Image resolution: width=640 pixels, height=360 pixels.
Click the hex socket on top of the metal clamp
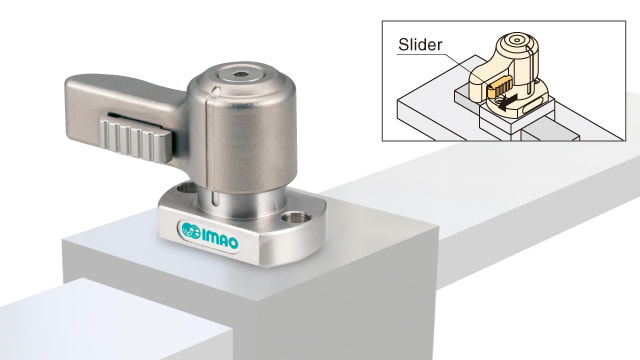238,74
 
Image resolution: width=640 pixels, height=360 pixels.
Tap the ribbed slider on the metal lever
135,139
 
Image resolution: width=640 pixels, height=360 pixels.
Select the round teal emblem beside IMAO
191,230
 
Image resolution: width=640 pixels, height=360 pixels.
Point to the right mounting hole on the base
295,217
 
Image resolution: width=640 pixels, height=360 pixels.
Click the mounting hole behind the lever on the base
187,188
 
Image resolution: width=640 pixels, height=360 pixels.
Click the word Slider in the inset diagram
420,44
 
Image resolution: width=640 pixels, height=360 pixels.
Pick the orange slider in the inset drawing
499,87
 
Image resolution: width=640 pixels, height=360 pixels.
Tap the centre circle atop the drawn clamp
517,40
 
